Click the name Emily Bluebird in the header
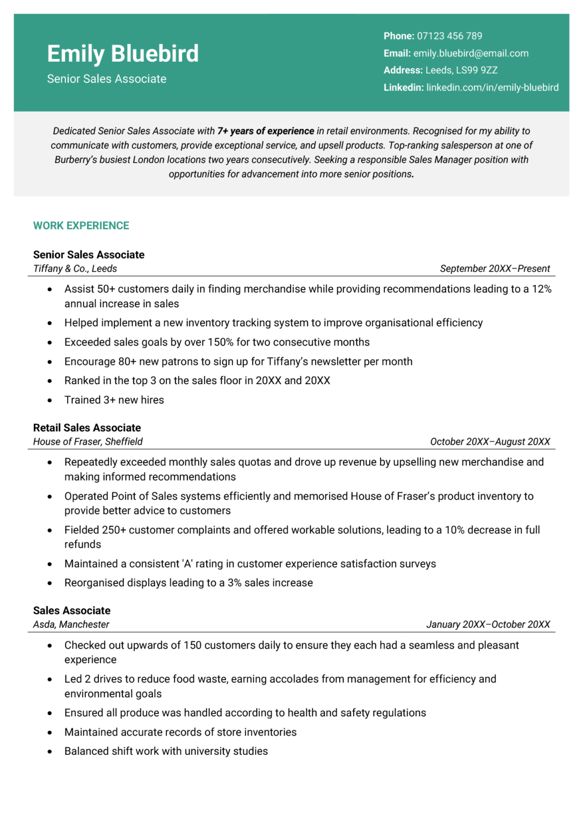pyautogui.click(x=122, y=54)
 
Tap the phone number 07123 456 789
pyautogui.click(x=449, y=36)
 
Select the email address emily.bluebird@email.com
pyautogui.click(x=471, y=53)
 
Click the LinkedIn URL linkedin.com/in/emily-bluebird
pyautogui.click(x=492, y=87)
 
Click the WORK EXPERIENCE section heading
pyautogui.click(x=81, y=226)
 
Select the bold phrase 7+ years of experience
pyautogui.click(x=265, y=131)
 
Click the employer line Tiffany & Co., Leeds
pyautogui.click(x=75, y=269)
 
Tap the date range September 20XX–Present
pyautogui.click(x=494, y=269)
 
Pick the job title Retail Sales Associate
pyautogui.click(x=87, y=428)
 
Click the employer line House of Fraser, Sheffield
pyautogui.click(x=88, y=442)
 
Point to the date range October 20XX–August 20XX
pyautogui.click(x=490, y=442)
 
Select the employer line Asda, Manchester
pyautogui.click(x=71, y=624)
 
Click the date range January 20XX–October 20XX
pyautogui.click(x=488, y=624)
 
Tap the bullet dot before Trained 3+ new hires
pyautogui.click(x=50, y=400)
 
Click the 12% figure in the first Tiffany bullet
pyautogui.click(x=541, y=289)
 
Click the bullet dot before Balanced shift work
pyautogui.click(x=50, y=752)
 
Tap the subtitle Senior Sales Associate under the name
pyautogui.click(x=106, y=79)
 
